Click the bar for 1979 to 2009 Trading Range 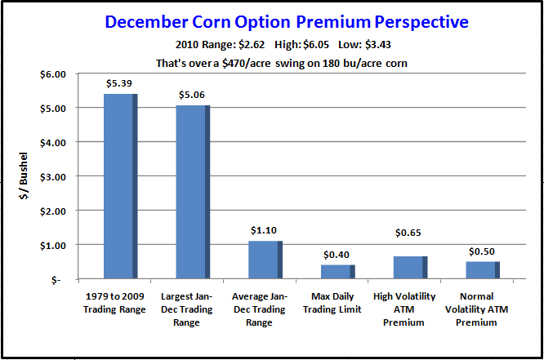point(121,186)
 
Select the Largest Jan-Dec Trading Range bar point(193,192)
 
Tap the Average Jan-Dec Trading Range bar point(265,260)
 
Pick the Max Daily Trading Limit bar point(338,272)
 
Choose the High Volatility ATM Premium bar point(410,268)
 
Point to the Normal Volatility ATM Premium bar point(483,270)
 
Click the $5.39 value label point(119,83)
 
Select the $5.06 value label point(192,95)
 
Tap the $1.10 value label point(264,230)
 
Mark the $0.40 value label point(337,255)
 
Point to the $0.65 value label point(408,233)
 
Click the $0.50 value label point(482,251)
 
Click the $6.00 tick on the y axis point(53,74)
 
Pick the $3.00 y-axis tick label point(53,177)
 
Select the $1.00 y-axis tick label point(53,246)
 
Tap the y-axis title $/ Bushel point(24,176)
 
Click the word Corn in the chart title point(212,22)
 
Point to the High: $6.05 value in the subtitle point(301,45)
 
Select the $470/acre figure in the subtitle point(247,64)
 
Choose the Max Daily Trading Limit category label point(332,303)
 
